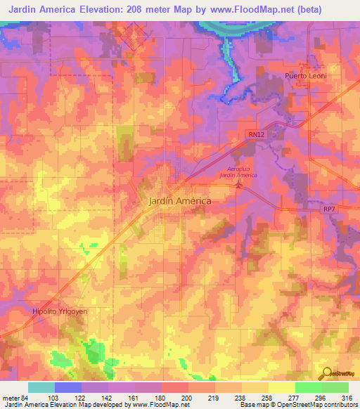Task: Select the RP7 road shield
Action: [x=330, y=209]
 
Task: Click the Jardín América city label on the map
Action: [x=181, y=200]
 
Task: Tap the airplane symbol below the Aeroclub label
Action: [x=238, y=185]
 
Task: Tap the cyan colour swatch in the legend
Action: [x=41, y=387]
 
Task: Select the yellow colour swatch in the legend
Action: [x=281, y=387]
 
